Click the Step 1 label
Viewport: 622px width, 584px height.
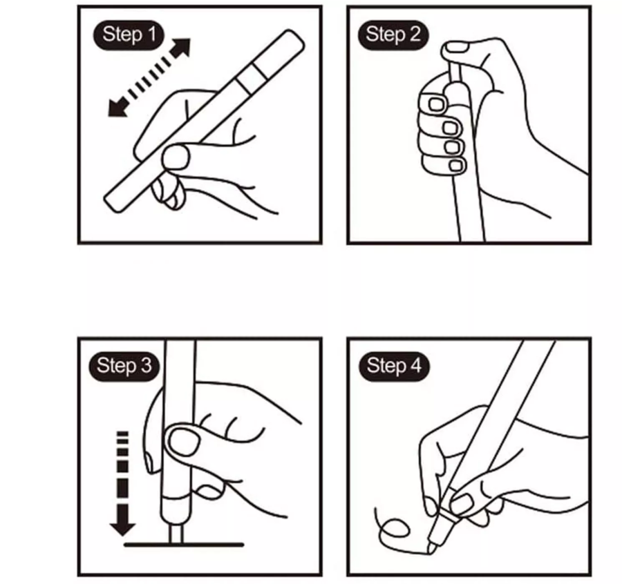click(x=129, y=35)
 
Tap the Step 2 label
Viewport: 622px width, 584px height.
click(x=393, y=35)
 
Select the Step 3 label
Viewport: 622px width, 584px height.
click(x=124, y=366)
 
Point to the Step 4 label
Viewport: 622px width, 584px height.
click(x=394, y=366)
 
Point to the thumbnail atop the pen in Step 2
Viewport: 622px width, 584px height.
click(x=456, y=48)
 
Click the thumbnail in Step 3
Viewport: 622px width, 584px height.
click(x=184, y=442)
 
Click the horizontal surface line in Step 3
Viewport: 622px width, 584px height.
click(x=184, y=545)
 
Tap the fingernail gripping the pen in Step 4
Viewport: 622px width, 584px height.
click(x=461, y=504)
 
